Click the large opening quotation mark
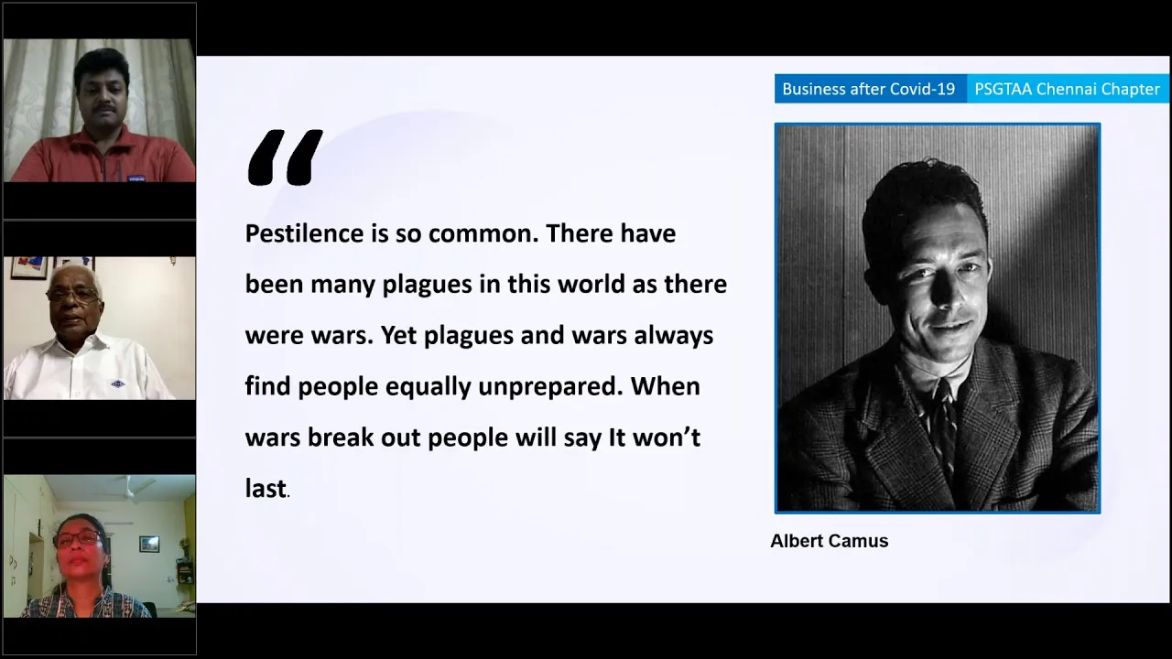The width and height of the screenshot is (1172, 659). pyautogui.click(x=285, y=157)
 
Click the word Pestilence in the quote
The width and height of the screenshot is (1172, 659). pyautogui.click(x=305, y=233)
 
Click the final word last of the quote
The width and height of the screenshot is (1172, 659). pyautogui.click(x=266, y=489)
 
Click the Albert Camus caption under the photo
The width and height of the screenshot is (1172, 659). pyautogui.click(x=830, y=541)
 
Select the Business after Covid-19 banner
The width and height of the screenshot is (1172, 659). pyautogui.click(x=870, y=89)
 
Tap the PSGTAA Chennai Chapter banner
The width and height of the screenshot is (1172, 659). pyautogui.click(x=1068, y=89)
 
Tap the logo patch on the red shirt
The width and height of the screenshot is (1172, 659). pyautogui.click(x=136, y=178)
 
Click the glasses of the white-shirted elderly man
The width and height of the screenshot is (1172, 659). pyautogui.click(x=72, y=296)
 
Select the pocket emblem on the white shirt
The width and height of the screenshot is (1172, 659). pyautogui.click(x=118, y=384)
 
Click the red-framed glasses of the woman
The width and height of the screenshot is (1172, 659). pyautogui.click(x=78, y=539)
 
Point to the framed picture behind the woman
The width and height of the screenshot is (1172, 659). pyautogui.click(x=149, y=544)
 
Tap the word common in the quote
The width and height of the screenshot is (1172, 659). pyautogui.click(x=484, y=233)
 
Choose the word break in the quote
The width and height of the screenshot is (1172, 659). pyautogui.click(x=341, y=438)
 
